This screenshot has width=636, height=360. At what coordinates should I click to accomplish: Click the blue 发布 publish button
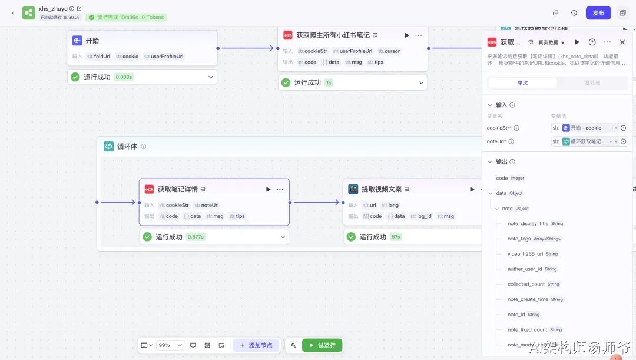coord(598,13)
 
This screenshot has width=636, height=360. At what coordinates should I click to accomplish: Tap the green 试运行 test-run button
coord(322,345)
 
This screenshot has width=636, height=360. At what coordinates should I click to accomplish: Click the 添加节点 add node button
coord(256,345)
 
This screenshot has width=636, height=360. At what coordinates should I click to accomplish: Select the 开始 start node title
coord(92,41)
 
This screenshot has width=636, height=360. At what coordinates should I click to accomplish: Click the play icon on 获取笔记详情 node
coord(268,189)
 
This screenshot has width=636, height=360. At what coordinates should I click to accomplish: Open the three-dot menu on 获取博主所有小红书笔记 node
coord(418,35)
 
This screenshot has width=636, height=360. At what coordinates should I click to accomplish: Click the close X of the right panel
coord(622,42)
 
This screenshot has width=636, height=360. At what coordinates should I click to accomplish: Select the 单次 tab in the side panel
coord(522,83)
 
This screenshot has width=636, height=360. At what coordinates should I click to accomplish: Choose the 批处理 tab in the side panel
coord(592,83)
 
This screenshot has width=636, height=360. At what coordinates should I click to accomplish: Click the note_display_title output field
coord(528,224)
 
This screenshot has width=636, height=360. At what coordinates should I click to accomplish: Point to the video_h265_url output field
coord(525,254)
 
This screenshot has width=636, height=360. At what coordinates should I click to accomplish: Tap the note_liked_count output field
coord(527,330)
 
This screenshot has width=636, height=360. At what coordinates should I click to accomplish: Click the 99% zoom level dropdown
coord(170,345)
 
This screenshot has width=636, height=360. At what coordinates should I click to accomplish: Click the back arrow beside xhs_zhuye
coord(13,13)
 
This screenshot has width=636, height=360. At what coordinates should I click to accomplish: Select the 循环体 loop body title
coord(127,147)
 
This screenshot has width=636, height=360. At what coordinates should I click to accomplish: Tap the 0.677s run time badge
coord(196,237)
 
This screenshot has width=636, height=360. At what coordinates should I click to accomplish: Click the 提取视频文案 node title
coord(381,189)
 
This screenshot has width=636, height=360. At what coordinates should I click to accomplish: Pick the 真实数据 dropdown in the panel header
coord(551,42)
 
